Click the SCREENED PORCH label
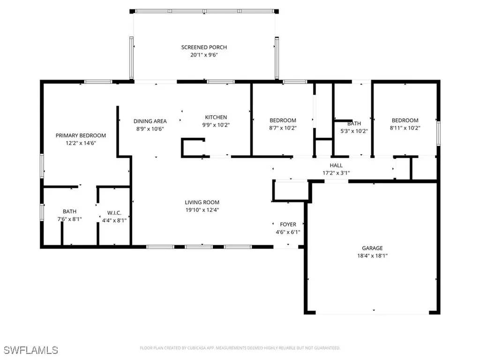pyautogui.click(x=204, y=47)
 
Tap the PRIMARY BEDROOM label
pyautogui.click(x=81, y=135)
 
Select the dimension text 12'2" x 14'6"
pyautogui.click(x=81, y=143)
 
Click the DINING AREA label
pyautogui.click(x=150, y=121)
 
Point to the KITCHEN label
pyautogui.click(x=216, y=117)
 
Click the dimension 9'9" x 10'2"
pyautogui.click(x=216, y=125)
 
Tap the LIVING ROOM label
pyautogui.click(x=202, y=202)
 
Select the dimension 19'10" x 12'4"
pyautogui.click(x=202, y=210)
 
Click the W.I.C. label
pyautogui.click(x=114, y=213)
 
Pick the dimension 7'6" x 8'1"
pyautogui.click(x=69, y=219)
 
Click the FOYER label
pyautogui.click(x=288, y=225)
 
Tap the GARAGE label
pyautogui.click(x=372, y=248)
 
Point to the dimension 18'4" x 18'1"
pyautogui.click(x=372, y=256)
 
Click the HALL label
pyautogui.click(x=336, y=165)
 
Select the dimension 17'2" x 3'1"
pyautogui.click(x=336, y=173)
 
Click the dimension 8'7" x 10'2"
pyautogui.click(x=283, y=128)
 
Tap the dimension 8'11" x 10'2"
pyautogui.click(x=405, y=128)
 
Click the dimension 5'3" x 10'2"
pyautogui.click(x=354, y=131)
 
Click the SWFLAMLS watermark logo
pyautogui.click(x=30, y=350)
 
